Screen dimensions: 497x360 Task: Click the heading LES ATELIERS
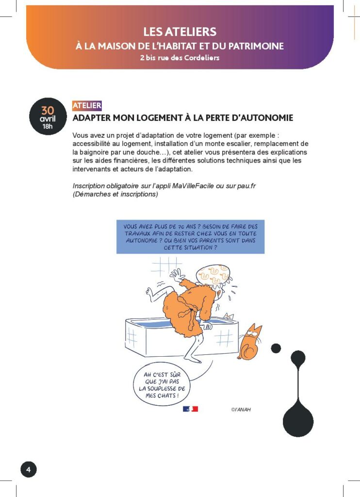[x=180, y=32]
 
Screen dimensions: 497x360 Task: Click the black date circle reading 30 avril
[x=47, y=116]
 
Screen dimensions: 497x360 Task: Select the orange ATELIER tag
[x=87, y=105]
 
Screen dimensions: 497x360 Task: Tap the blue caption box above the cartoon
[x=190, y=236]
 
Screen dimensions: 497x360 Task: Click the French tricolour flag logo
[x=190, y=409]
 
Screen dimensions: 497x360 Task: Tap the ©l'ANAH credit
[x=241, y=409]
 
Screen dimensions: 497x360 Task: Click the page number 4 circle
[x=28, y=469]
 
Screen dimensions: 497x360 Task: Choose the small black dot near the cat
[x=276, y=348]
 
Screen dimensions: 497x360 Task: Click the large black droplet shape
[x=298, y=417]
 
